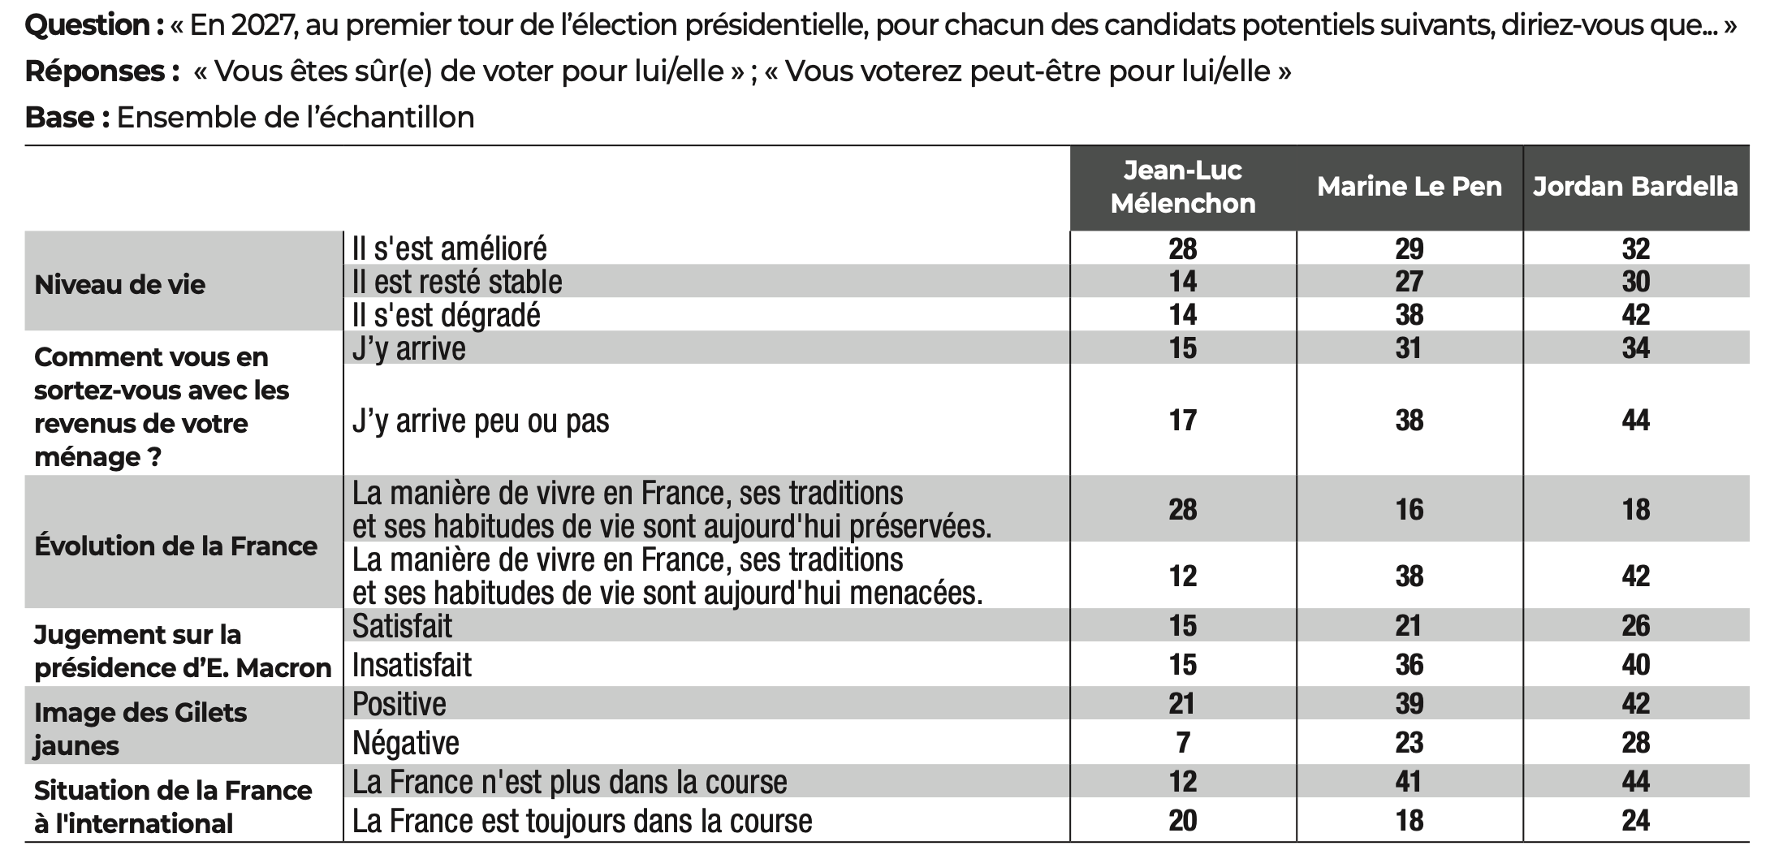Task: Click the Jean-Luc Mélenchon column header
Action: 1182,187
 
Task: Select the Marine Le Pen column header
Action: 1409,187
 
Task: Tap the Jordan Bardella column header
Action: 1635,187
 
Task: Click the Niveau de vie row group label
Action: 120,284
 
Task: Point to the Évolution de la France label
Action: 175,546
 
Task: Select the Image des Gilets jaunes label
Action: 140,728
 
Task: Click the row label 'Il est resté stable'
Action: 457,282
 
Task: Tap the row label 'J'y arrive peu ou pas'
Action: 481,421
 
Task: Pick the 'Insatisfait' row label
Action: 412,665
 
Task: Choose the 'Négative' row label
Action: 406,743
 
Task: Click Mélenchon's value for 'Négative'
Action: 1182,743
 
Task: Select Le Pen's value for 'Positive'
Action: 1409,704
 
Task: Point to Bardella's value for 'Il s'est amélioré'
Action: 1635,248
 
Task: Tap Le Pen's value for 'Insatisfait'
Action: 1409,665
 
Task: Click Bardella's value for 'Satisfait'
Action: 1635,626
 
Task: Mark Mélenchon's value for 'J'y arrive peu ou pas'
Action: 1182,421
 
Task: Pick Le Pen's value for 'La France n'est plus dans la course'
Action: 1409,782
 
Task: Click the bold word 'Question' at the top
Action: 88,26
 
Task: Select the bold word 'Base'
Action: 61,118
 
